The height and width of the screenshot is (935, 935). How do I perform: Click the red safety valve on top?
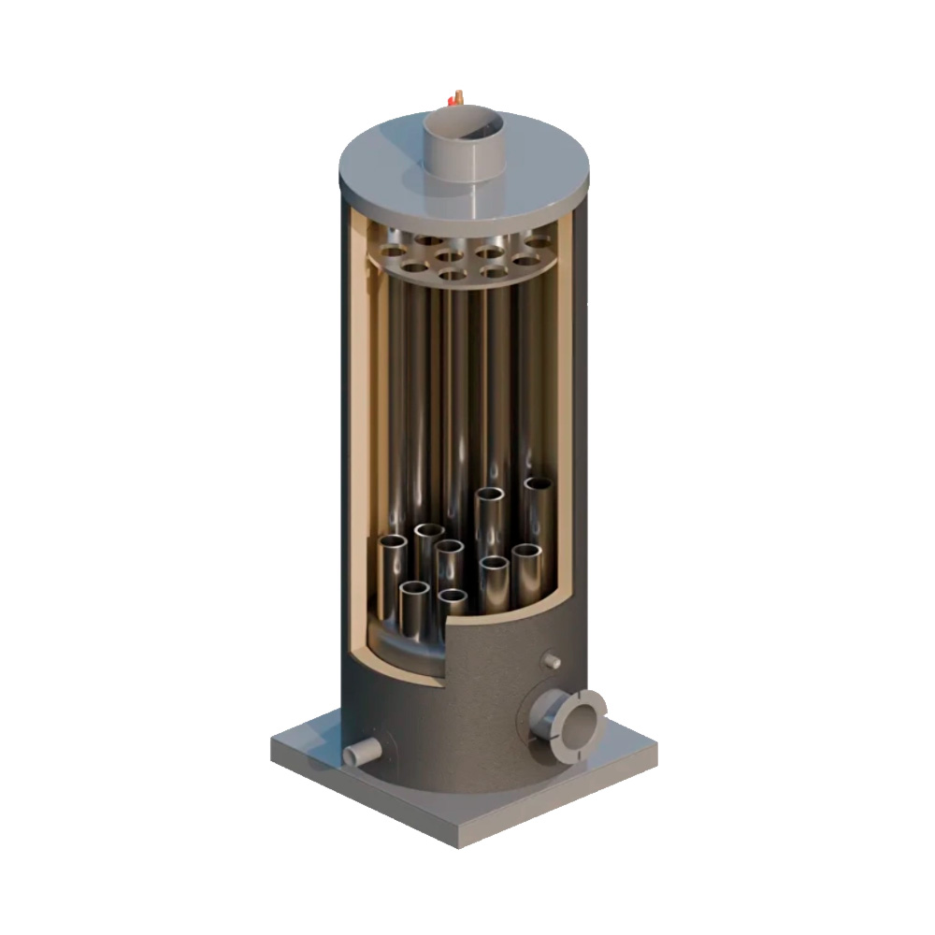[456, 96]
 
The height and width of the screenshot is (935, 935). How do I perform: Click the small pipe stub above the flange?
[552, 661]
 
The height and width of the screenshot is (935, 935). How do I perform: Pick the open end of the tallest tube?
[538, 485]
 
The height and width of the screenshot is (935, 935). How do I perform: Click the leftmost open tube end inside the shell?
[393, 543]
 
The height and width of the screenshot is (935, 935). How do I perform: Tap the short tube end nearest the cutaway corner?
[453, 597]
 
